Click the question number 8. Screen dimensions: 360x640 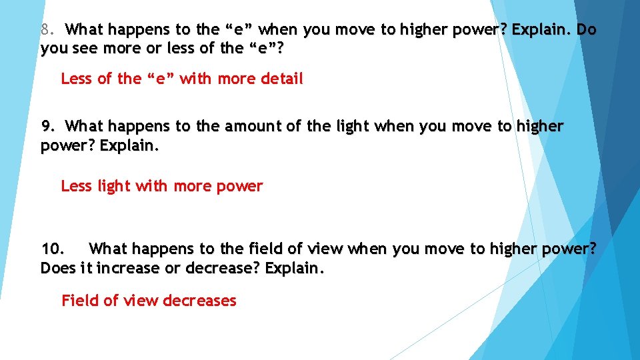click(46, 30)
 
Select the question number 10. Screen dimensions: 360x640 click(53, 249)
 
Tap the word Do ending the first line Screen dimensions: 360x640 click(587, 30)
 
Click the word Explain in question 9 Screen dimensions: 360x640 click(130, 145)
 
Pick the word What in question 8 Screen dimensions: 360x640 click(85, 30)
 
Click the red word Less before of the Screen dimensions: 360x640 click(77, 79)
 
